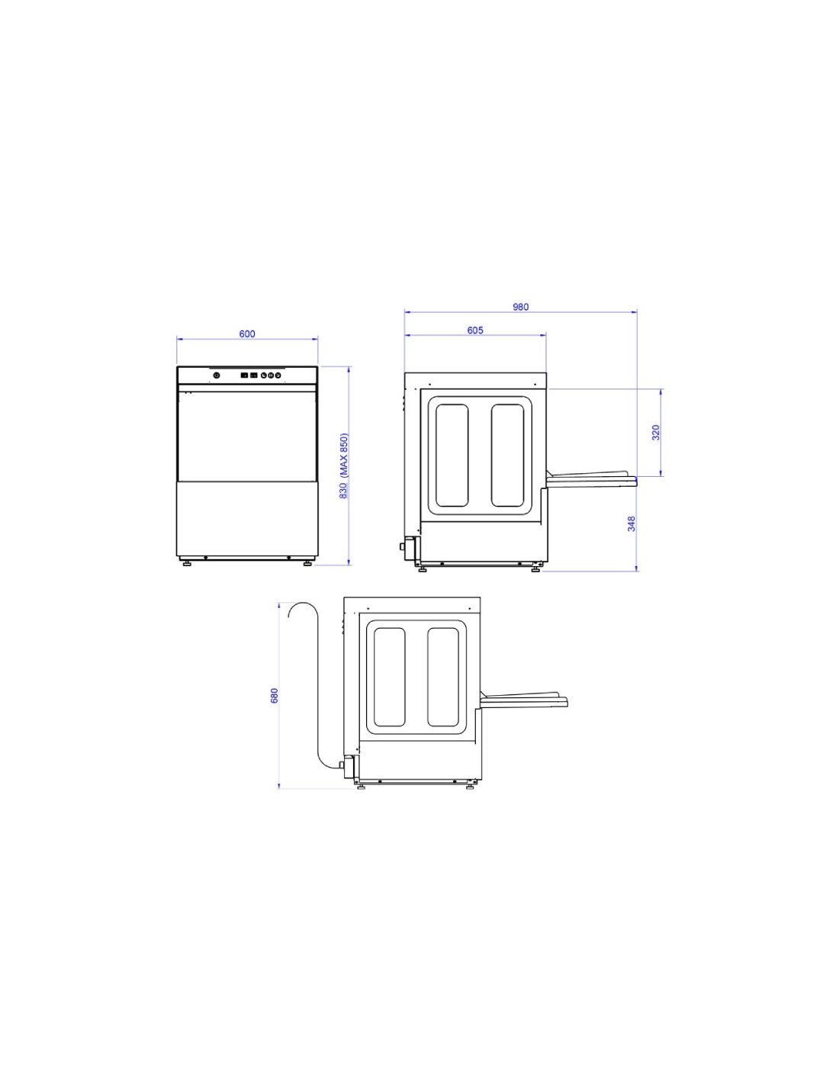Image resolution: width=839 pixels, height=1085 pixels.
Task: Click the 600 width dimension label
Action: click(246, 333)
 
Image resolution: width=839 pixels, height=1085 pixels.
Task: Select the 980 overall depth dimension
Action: click(520, 307)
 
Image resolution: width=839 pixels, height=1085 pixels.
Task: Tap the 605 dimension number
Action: click(474, 330)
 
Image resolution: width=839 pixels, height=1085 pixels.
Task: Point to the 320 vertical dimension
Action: click(656, 433)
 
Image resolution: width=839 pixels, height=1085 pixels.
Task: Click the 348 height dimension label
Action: click(632, 523)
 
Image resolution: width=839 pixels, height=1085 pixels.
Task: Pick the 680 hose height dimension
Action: click(274, 696)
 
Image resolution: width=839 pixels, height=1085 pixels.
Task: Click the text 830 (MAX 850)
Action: click(344, 466)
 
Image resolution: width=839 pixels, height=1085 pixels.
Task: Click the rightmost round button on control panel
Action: click(277, 375)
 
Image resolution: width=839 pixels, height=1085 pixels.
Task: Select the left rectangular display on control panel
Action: click(245, 375)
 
